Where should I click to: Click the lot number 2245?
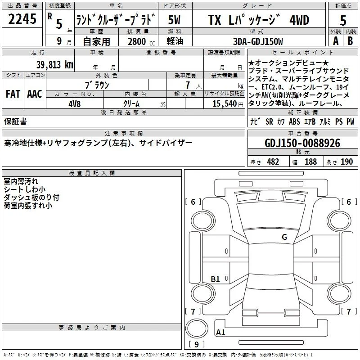pos(22,19)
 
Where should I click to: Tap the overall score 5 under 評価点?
pos(343,20)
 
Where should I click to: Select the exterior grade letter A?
pos(336,41)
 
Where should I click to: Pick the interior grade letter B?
pos(350,41)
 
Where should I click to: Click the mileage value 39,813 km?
pos(55,65)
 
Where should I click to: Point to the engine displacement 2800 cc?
pos(141,41)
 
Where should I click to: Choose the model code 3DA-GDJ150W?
pos(258,41)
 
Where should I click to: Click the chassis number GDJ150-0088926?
pos(302,143)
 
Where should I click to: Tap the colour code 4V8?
pos(75,104)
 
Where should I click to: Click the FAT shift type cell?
pos(13,94)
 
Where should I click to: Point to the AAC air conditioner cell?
pos(35,94)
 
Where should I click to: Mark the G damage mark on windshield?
pos(284,237)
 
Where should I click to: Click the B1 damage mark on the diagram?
pos(215,279)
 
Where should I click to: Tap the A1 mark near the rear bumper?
pos(220,332)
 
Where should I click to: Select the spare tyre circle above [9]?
pos(197,328)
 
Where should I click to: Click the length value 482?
pos(273,162)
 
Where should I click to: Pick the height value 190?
pos(346,162)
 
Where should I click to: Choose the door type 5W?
pos(174,20)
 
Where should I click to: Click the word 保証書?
pos(15,121)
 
